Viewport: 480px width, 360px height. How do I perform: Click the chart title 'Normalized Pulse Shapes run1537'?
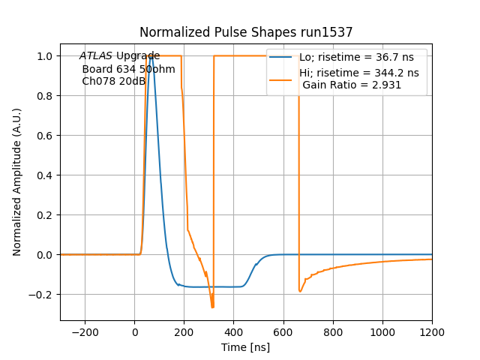pyautogui.click(x=246, y=32)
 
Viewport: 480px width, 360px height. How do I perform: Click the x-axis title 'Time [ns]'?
pyautogui.click(x=246, y=347)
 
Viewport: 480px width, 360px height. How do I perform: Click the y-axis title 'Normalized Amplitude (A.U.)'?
pyautogui.click(x=17, y=182)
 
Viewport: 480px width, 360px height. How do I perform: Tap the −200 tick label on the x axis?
pyautogui.click(x=85, y=331)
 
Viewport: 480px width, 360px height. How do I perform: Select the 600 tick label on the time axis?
pyautogui.click(x=283, y=331)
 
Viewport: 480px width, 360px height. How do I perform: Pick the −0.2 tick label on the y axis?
pyautogui.click(x=43, y=295)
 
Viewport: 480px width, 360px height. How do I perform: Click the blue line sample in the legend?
pyautogui.click(x=281, y=56)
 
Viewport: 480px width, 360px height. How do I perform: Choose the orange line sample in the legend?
pyautogui.click(x=281, y=73)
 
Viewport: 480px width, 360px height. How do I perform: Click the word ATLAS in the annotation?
pyautogui.click(x=96, y=56)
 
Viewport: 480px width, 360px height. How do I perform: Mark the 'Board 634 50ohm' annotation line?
pyautogui.click(x=128, y=69)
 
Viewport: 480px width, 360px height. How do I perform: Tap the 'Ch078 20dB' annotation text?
pyautogui.click(x=113, y=81)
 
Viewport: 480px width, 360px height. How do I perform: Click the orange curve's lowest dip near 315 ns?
pyautogui.click(x=213, y=307)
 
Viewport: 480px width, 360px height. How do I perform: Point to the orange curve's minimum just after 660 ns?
pyautogui.click(x=300, y=292)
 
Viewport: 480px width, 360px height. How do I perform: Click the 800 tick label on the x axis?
pyautogui.click(x=333, y=331)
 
